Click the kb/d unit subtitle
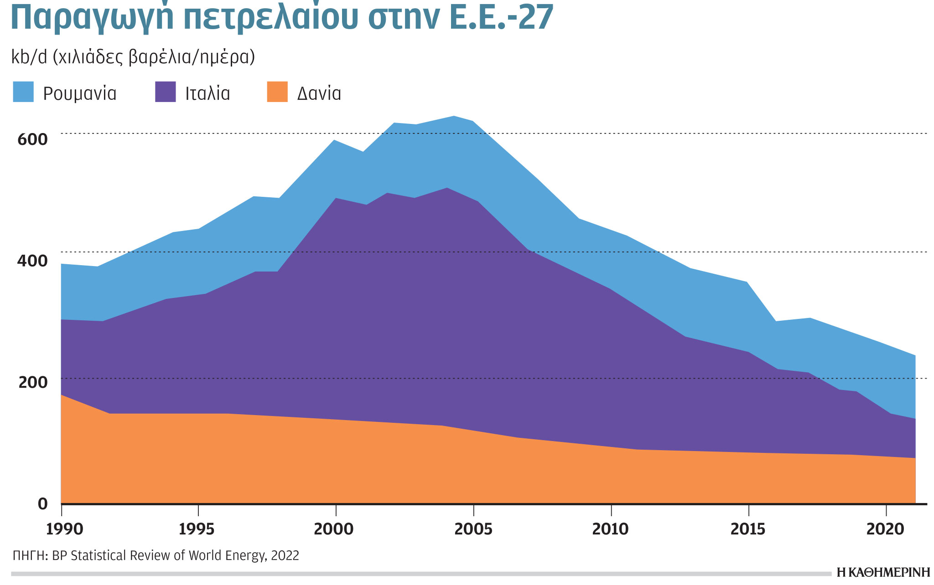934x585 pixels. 132,58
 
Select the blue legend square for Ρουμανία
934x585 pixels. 23,92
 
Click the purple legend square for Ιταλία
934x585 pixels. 165,92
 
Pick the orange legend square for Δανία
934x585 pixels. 277,92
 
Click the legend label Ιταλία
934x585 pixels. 208,93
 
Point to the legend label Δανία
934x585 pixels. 319,93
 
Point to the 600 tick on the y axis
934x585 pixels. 32,139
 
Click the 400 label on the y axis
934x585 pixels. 32,261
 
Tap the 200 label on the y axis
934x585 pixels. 32,382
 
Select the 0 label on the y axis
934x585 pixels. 43,504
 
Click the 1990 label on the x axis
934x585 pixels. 65,529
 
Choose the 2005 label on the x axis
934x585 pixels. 474,529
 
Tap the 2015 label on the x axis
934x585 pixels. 748,529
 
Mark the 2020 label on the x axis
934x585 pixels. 885,529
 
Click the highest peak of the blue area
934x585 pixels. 454,117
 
